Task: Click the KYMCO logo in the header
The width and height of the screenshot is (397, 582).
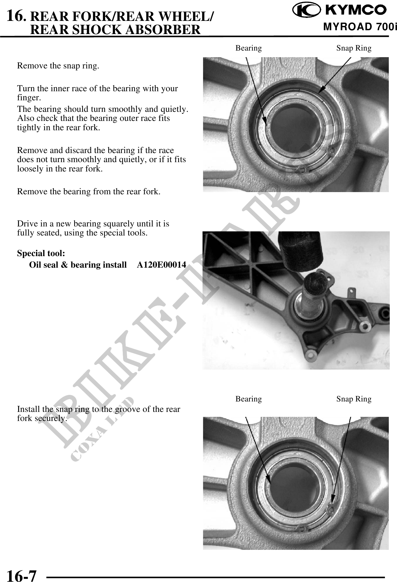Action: [x=340, y=10]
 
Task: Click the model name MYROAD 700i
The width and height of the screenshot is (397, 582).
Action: [x=360, y=27]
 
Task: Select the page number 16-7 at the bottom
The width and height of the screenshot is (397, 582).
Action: [x=21, y=575]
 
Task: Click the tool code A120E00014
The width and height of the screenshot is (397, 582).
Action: [x=161, y=265]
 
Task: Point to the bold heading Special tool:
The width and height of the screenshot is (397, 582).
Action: [x=41, y=253]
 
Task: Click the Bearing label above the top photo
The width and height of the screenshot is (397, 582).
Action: [x=249, y=48]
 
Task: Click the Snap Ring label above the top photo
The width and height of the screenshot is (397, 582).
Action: [x=354, y=48]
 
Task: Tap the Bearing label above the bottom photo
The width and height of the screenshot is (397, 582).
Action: [x=249, y=399]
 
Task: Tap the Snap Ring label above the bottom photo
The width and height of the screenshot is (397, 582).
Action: [x=354, y=399]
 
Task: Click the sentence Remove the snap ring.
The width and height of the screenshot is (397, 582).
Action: [x=58, y=66]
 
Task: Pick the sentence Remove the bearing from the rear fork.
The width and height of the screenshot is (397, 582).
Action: [x=89, y=191]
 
